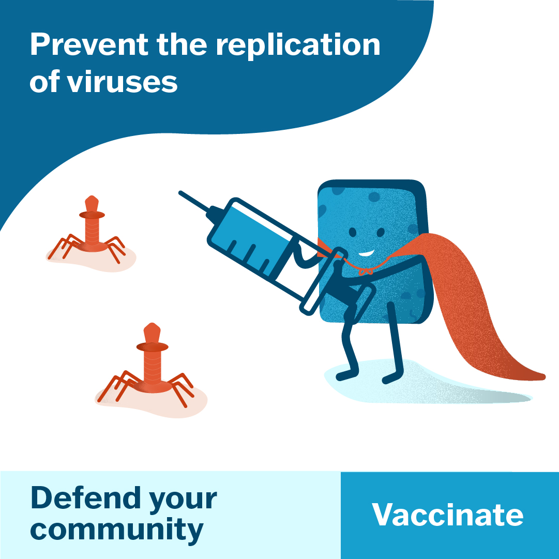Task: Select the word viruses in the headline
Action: click(122, 82)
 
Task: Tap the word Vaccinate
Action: click(447, 515)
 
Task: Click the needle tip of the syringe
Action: click(180, 192)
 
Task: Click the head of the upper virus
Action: click(92, 204)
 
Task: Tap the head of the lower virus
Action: click(152, 333)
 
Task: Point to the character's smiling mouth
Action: click(366, 253)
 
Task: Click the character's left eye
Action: click(352, 232)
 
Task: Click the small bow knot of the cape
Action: click(366, 272)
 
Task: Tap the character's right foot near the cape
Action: click(392, 378)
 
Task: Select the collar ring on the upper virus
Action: click(92, 215)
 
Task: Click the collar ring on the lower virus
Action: click(152, 346)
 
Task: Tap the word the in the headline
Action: click(182, 44)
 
